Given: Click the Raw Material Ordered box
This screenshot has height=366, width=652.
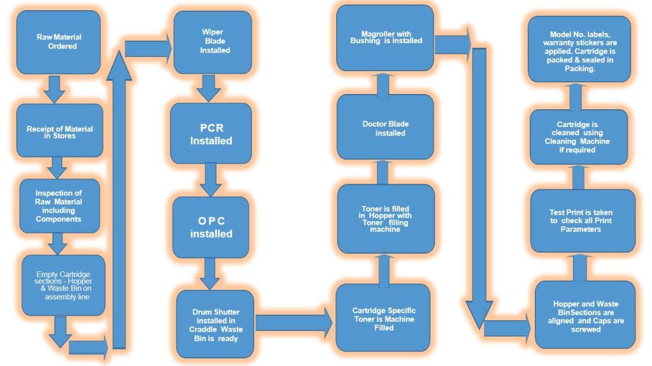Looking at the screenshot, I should [x=58, y=42].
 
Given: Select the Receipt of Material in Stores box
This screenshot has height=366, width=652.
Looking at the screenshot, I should [x=59, y=131].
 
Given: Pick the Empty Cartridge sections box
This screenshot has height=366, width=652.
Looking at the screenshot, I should [x=63, y=285].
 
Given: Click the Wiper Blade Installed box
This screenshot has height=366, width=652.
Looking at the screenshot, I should [x=211, y=41].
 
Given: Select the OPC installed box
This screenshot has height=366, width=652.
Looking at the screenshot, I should [x=211, y=227].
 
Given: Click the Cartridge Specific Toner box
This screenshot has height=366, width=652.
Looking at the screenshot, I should [x=383, y=317].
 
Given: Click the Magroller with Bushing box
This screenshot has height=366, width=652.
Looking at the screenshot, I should [x=385, y=37].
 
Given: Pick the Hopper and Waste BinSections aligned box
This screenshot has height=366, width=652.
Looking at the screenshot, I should [x=585, y=315].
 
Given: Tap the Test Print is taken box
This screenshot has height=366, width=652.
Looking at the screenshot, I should [x=583, y=220].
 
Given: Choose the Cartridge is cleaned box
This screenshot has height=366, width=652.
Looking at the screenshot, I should [x=579, y=137].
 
